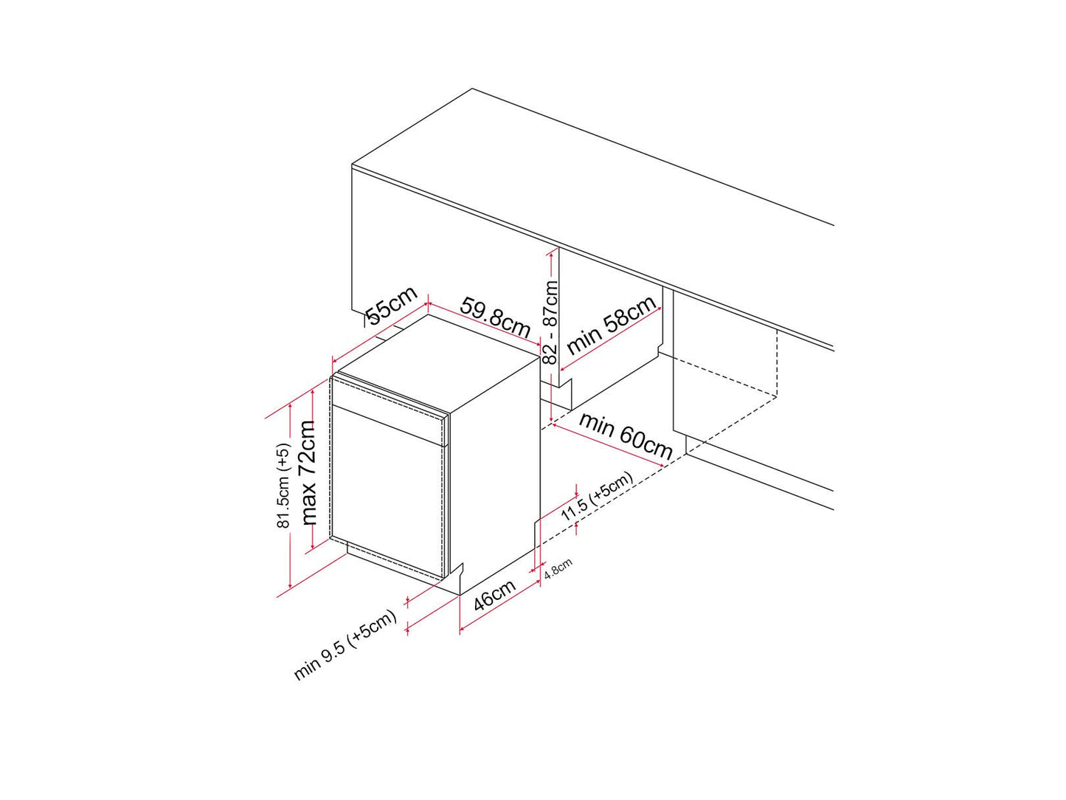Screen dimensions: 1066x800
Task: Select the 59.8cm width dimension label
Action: tap(495, 317)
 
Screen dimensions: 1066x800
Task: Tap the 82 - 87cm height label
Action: tap(550, 322)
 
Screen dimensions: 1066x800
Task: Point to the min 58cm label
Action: tap(612, 325)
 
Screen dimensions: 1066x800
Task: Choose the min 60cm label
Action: tap(626, 435)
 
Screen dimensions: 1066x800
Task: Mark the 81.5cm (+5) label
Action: tap(283, 486)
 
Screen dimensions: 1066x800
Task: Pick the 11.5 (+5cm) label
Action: tap(598, 496)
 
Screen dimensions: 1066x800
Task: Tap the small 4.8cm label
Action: tap(558, 568)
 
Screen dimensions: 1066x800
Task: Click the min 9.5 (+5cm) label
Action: tap(345, 644)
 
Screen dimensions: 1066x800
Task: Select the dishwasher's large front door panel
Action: tap(387, 491)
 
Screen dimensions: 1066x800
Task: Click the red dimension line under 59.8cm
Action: tap(484, 325)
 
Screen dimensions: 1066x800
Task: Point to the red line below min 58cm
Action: tap(611, 340)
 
